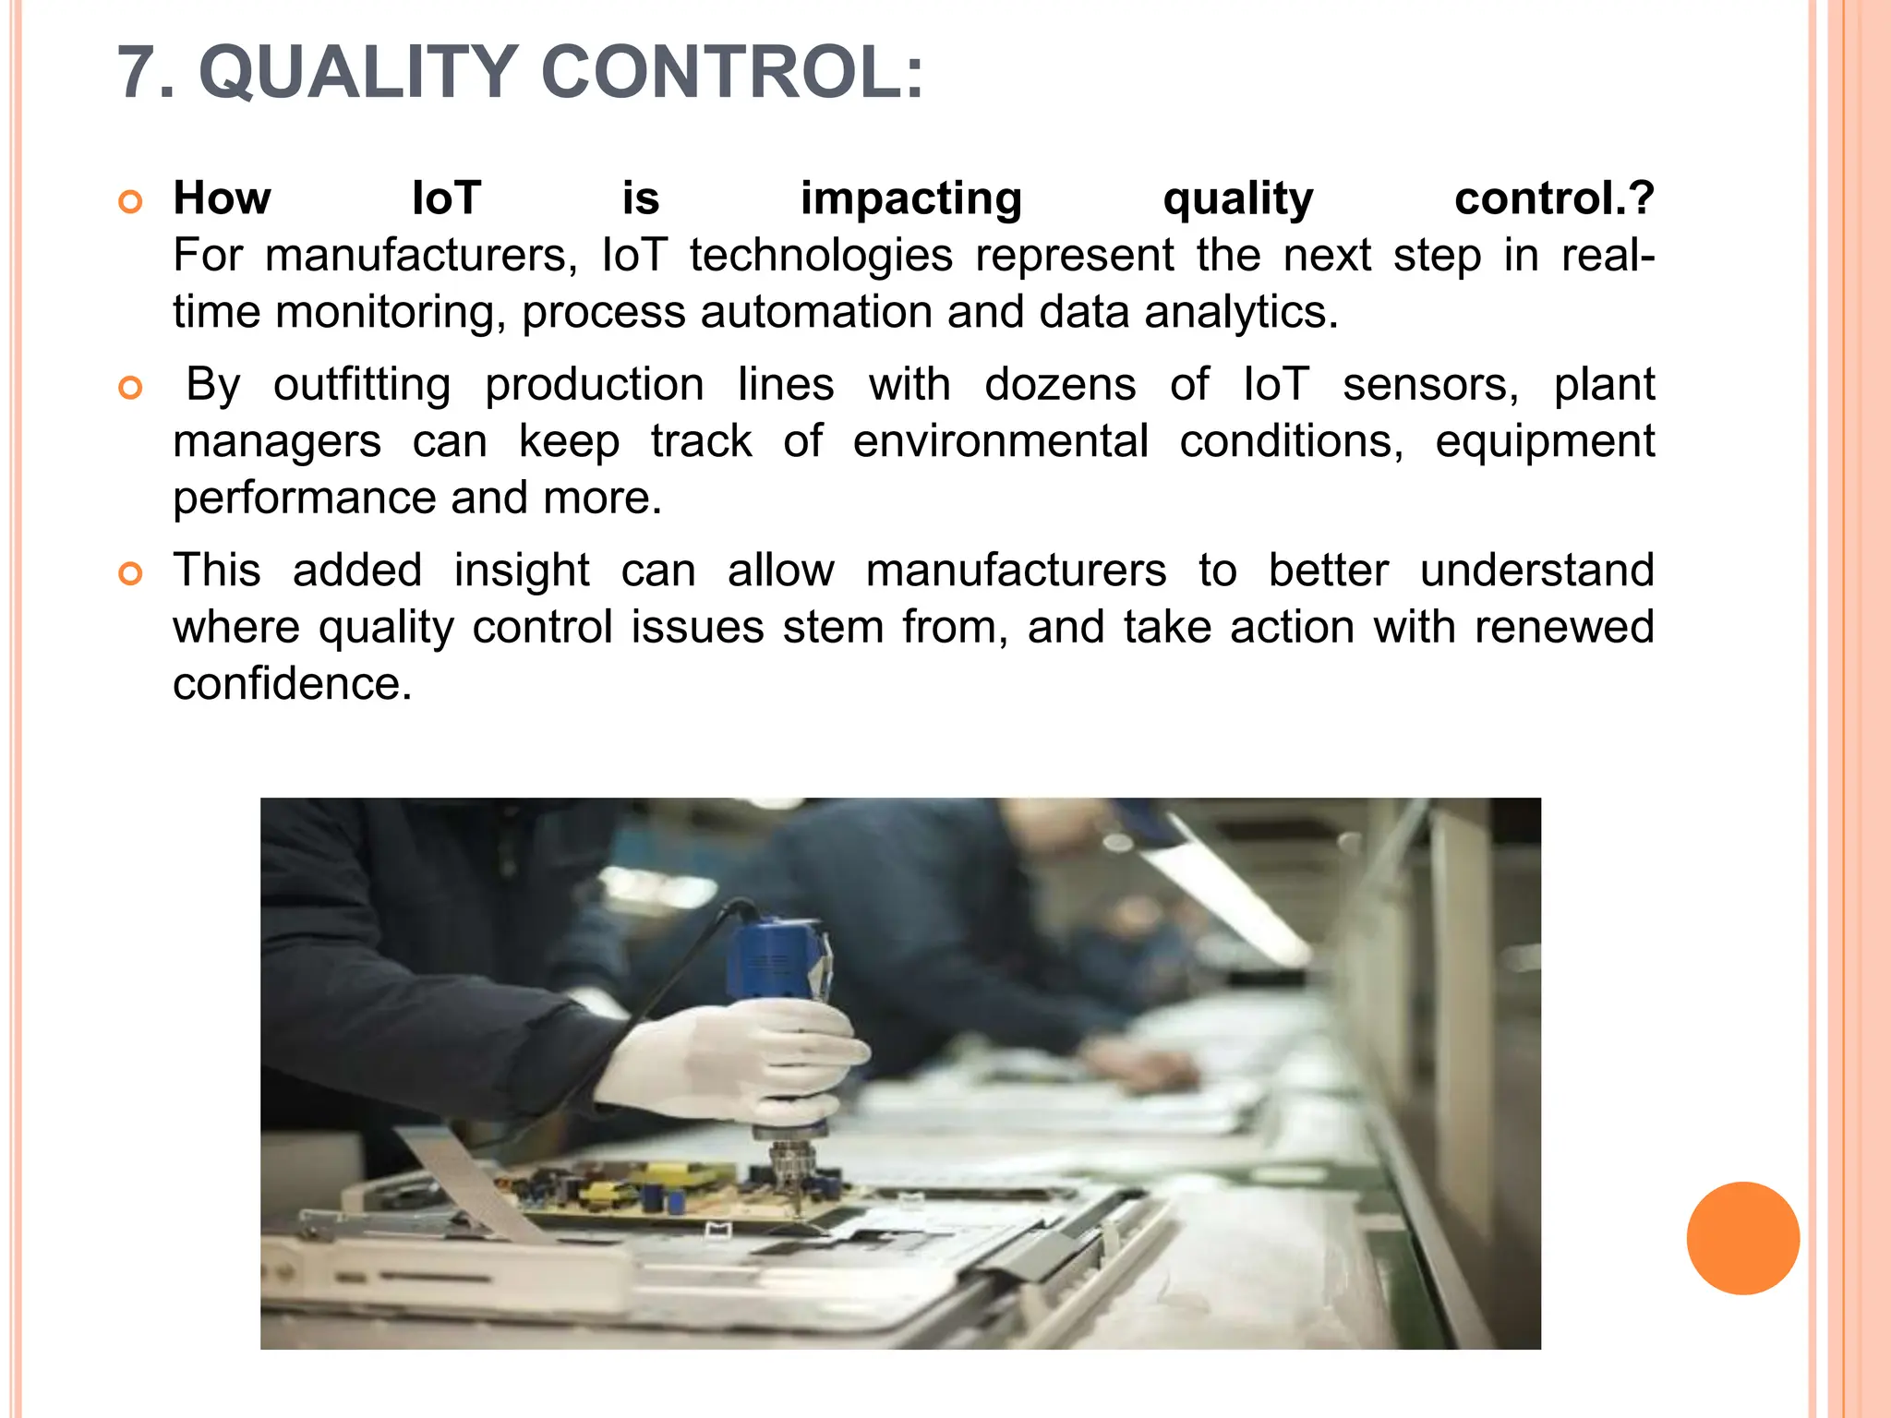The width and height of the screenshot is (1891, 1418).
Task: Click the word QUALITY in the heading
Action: point(358,73)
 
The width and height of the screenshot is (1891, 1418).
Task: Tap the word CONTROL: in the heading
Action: point(731,73)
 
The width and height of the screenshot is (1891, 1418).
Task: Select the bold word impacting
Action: point(910,199)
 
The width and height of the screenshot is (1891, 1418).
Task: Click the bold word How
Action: point(222,198)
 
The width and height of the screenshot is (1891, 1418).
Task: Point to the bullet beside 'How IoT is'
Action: point(131,202)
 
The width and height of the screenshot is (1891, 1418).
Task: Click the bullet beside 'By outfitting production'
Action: point(131,388)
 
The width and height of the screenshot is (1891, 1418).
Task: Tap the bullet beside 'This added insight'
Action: point(131,574)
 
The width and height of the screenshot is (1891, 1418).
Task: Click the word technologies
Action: point(821,256)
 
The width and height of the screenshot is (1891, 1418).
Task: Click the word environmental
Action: point(1000,441)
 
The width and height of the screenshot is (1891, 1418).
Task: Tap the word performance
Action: point(304,499)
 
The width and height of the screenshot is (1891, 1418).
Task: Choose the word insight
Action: point(522,571)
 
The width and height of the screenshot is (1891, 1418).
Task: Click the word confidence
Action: point(292,684)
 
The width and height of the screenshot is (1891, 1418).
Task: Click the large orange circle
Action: point(1742,1238)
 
